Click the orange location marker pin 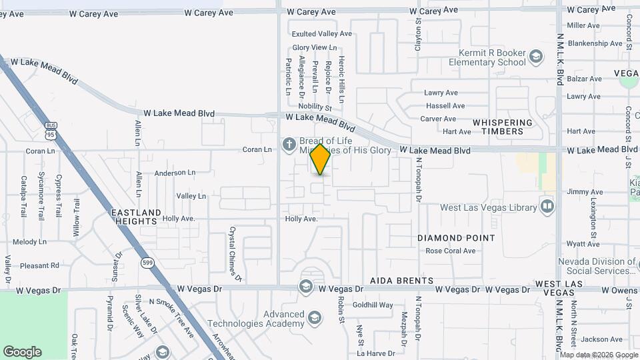[x=321, y=159]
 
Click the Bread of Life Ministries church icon [x=289, y=143]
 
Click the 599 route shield [x=147, y=263]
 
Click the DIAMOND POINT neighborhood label [x=456, y=238]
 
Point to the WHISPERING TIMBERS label [x=502, y=127]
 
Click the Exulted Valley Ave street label [x=321, y=33]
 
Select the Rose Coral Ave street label [x=451, y=251]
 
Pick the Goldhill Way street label [x=373, y=305]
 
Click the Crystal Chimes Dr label [x=234, y=253]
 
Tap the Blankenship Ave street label [x=594, y=43]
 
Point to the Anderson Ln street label [x=175, y=173]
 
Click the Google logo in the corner [x=22, y=352]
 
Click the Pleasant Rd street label [x=39, y=265]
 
